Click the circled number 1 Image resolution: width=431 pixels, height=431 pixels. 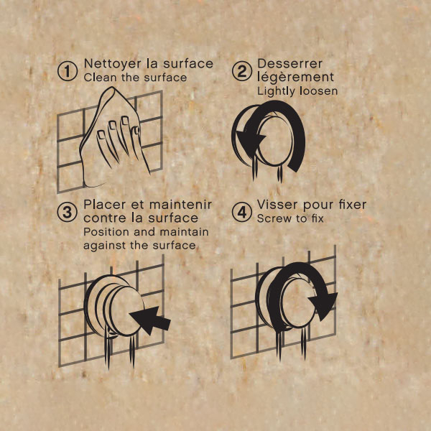click(68, 71)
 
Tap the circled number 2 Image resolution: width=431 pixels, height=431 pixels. click(242, 71)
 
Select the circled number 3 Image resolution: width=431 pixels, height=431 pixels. click(68, 212)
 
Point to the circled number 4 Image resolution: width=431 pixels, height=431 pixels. click(242, 212)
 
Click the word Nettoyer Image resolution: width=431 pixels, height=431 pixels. click(113, 65)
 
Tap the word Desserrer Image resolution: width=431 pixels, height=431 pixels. click(289, 64)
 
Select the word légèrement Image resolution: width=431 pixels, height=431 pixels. click(295, 78)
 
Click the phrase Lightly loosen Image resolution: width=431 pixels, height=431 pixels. click(297, 91)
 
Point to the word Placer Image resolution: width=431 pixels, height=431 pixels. click(103, 205)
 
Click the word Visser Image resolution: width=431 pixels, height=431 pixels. click(277, 205)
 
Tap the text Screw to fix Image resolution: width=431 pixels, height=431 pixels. click(290, 218)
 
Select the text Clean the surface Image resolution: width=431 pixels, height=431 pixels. click(135, 78)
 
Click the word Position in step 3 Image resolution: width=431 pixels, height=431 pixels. click(106, 232)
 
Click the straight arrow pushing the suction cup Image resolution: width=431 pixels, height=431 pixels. click(150, 320)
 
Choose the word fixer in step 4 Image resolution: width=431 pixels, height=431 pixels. click(353, 205)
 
